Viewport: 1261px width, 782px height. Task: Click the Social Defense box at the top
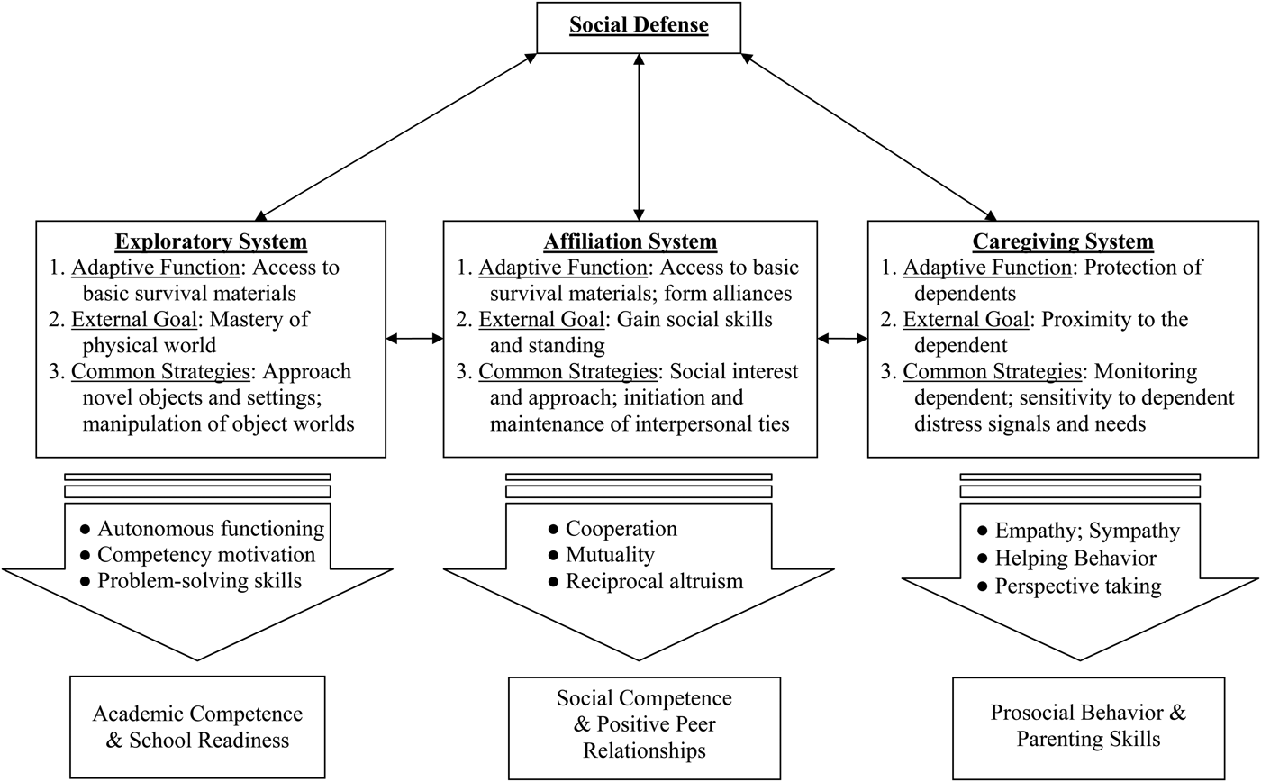point(638,26)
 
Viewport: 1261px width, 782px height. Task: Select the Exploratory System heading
point(211,241)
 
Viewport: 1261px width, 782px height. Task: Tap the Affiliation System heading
point(630,241)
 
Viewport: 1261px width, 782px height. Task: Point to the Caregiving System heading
point(1064,241)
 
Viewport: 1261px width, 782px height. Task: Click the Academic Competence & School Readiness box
point(197,728)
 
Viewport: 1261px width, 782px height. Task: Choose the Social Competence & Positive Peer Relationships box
point(644,725)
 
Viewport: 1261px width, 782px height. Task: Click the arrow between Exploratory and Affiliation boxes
point(414,340)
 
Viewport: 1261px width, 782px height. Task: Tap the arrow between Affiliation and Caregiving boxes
point(842,340)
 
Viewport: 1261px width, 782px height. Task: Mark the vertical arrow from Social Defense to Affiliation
point(639,135)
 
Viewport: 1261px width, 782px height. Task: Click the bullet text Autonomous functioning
point(211,529)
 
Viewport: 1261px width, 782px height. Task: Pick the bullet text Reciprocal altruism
point(654,581)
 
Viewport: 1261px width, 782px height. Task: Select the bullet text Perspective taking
point(1078,586)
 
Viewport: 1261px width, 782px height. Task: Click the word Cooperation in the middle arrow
point(621,529)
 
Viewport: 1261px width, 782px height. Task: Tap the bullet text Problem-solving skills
point(200,581)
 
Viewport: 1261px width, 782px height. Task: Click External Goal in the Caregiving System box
point(956,320)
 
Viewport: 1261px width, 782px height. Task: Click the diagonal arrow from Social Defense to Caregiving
point(869,135)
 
